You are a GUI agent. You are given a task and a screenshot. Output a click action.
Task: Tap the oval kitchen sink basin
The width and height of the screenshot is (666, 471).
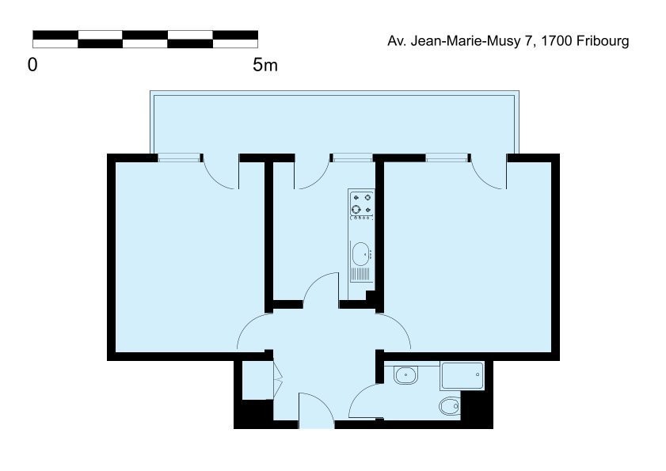pos(360,253)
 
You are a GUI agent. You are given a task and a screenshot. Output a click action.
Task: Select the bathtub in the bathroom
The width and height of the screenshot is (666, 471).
pos(462,375)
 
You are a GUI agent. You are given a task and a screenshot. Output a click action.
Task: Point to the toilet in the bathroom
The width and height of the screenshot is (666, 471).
pos(449,406)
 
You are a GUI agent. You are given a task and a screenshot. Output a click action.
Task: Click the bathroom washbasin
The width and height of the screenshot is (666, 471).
pos(405,375)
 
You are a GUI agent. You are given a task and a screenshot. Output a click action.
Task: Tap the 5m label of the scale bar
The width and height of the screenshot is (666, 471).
pos(265,65)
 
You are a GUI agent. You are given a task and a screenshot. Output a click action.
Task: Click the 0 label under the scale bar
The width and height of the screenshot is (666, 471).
pos(32,65)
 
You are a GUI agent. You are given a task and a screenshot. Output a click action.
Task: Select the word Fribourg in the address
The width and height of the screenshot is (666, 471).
pos(603,41)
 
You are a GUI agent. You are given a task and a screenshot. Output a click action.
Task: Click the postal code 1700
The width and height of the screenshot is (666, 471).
pos(557,41)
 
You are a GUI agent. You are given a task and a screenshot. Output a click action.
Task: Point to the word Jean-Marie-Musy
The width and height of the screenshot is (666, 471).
pos(465,41)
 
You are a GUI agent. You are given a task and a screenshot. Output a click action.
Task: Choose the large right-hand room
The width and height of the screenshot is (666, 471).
pos(468,257)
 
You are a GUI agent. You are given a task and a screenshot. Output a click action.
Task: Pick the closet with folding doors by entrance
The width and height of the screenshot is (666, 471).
pos(257,380)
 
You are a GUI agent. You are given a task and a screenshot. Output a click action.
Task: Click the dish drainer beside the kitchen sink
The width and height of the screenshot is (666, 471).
pos(360,275)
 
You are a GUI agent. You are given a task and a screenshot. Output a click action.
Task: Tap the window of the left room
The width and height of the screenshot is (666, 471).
pos(179,158)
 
